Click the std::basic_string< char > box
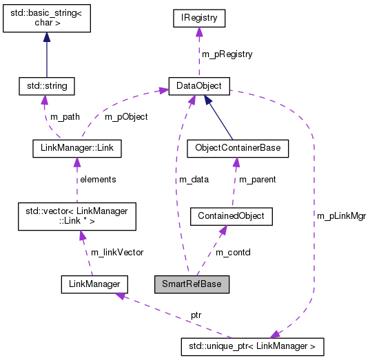pos(46,20)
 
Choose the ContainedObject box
pos(232,216)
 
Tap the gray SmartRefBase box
pos(191,283)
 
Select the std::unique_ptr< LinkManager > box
pos(251,346)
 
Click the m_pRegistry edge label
pos(226,54)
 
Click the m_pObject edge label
pos(125,116)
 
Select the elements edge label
pos(98,179)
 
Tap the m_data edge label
pos(194,179)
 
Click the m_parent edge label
pos(257,179)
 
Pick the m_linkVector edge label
pos(114,252)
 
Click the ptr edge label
pos(196,315)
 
